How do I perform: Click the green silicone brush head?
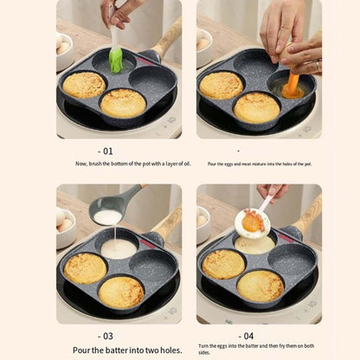tap(115, 60)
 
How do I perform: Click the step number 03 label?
tap(107, 335)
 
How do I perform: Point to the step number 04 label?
tap(248, 335)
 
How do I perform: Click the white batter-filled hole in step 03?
tap(119, 249)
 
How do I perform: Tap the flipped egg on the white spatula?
tap(254, 222)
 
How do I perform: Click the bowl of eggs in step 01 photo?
tap(64, 48)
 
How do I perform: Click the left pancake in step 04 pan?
tap(222, 264)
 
